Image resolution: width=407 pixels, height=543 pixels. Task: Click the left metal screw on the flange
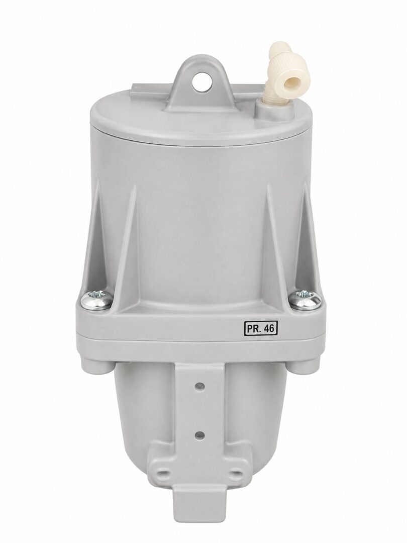pos(97,300)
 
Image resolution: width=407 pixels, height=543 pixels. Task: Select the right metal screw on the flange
pos(304,300)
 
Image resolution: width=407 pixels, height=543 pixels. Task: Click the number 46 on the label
pos(268,328)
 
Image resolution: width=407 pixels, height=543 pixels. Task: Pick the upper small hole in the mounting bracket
pos(199,386)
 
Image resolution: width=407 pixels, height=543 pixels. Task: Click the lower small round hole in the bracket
pos(199,434)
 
